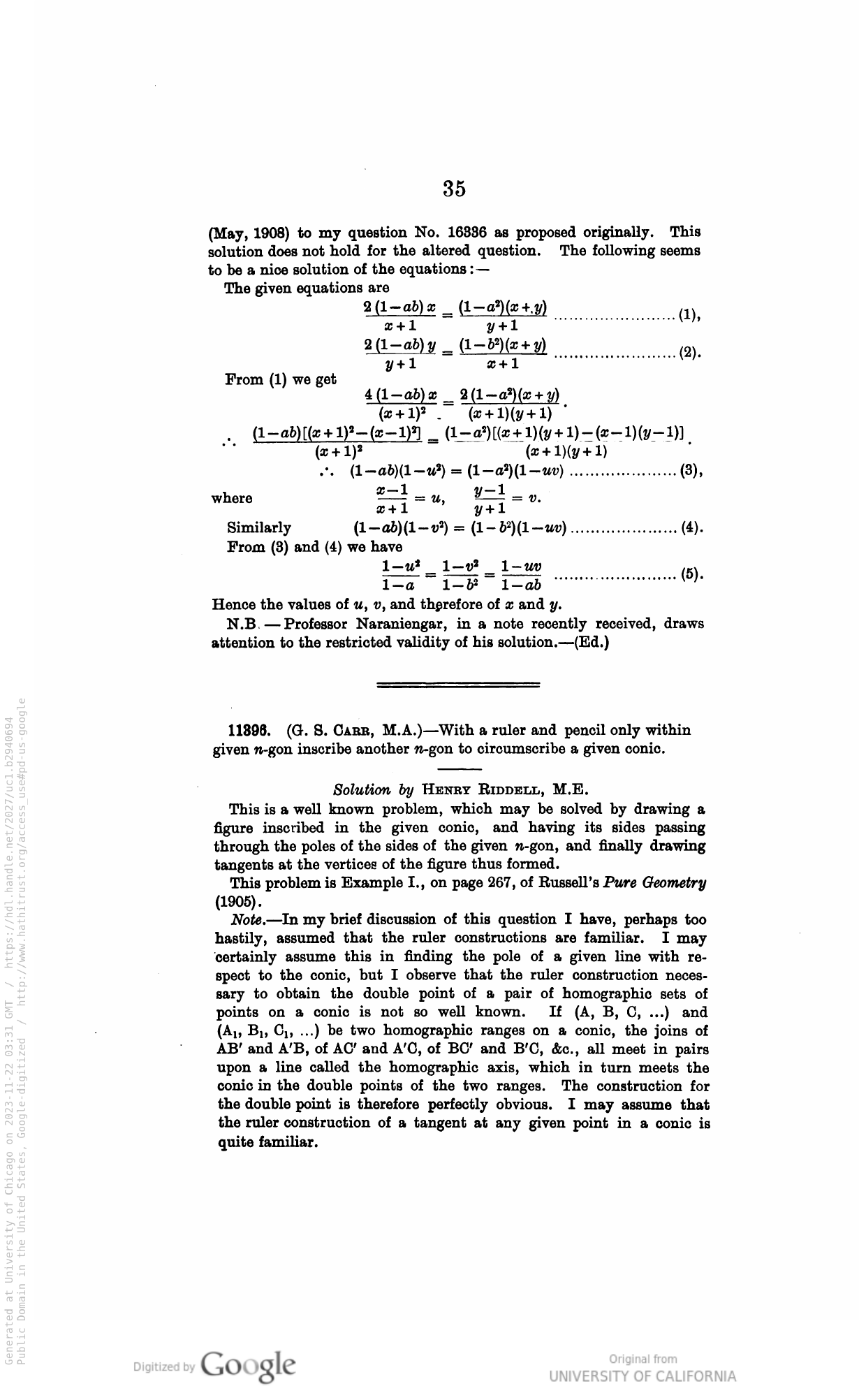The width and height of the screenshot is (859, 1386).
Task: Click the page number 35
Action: point(454,189)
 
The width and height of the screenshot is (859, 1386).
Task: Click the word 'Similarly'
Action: point(259,528)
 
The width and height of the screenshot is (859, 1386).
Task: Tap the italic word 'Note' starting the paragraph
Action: point(246,920)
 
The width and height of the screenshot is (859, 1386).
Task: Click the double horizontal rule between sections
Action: point(458,685)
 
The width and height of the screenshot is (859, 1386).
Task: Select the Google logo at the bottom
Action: point(248,1363)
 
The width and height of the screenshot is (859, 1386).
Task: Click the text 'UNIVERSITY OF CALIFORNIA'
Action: point(643,1374)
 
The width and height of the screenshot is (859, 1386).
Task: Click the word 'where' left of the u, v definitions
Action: point(232,499)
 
